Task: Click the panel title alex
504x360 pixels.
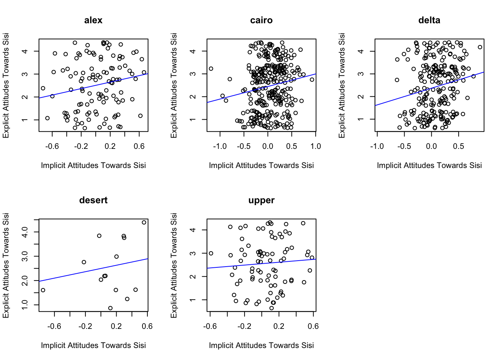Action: (x=93, y=20)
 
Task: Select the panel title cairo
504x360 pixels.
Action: (x=261, y=20)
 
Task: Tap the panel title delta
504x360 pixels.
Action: (x=429, y=20)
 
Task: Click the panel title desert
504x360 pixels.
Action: (x=93, y=200)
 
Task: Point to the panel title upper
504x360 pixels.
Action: (x=261, y=200)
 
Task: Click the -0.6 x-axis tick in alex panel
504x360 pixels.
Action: (x=52, y=146)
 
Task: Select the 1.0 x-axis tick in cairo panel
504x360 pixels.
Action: (x=315, y=146)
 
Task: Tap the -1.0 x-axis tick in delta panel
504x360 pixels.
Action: (x=377, y=146)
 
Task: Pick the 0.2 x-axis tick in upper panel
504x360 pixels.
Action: (x=279, y=326)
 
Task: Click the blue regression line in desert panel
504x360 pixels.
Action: (x=93, y=270)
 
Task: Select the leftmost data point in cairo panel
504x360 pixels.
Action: (x=211, y=69)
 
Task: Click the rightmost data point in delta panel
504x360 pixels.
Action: (x=480, y=47)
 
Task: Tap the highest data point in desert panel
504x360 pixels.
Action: (x=144, y=222)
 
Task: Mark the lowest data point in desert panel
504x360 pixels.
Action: (x=110, y=308)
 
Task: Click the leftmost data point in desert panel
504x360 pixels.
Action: (x=43, y=290)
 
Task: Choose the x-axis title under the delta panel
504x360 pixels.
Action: (x=429, y=165)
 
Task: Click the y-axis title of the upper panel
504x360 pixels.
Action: (x=174, y=265)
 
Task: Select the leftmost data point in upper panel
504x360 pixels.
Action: (x=211, y=253)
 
